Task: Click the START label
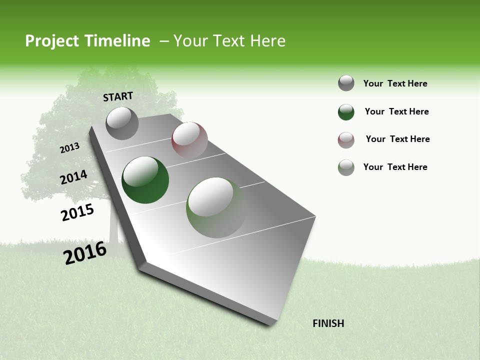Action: (118, 96)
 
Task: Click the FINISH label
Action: (328, 323)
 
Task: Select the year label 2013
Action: (69, 148)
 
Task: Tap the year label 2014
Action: (73, 177)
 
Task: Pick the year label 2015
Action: (77, 213)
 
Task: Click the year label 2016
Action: (85, 253)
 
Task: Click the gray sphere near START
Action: (122, 123)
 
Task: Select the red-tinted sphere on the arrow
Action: (189, 140)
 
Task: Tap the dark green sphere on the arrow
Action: (145, 180)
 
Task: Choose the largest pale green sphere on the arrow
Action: (216, 207)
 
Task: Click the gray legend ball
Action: (346, 83)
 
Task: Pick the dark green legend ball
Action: (346, 112)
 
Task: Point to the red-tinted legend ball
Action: (346, 140)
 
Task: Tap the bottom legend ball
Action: (346, 167)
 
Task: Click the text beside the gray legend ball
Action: (395, 83)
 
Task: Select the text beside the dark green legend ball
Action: (396, 111)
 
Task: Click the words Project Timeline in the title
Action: (87, 41)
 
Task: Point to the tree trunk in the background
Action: (113, 225)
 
